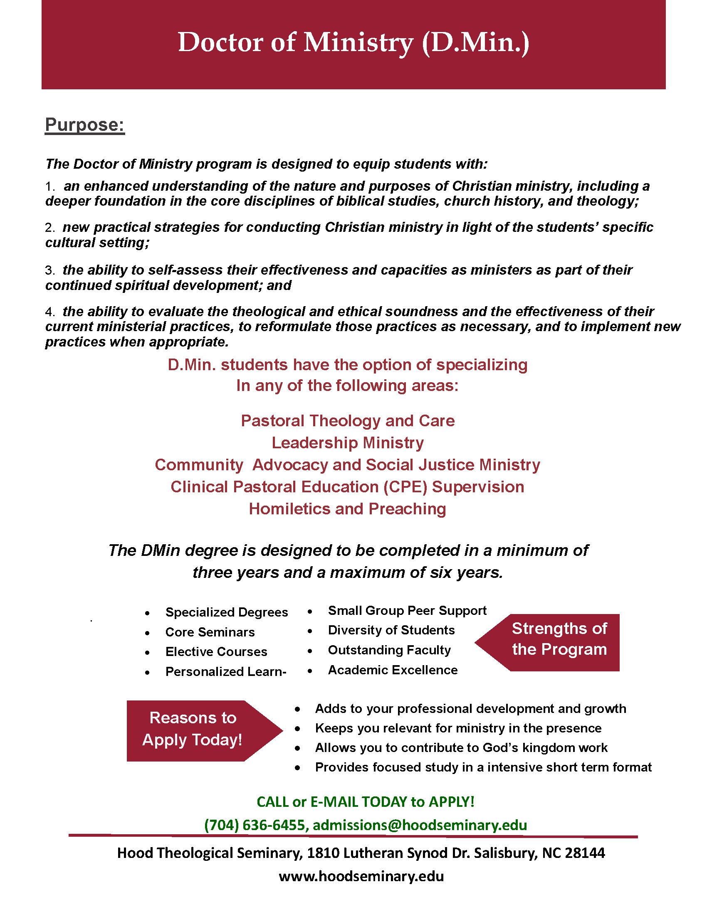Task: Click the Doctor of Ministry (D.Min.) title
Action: point(353,43)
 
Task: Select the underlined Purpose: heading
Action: point(84,125)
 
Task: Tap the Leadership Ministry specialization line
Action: point(347,443)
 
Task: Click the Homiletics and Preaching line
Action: point(347,509)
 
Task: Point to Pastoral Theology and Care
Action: point(347,420)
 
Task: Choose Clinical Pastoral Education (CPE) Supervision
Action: point(347,487)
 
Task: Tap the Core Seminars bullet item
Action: point(210,632)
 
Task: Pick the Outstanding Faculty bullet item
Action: point(389,650)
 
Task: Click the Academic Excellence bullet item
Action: point(393,670)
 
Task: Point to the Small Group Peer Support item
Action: point(407,611)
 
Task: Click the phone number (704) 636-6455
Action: point(255,825)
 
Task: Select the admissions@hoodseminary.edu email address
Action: point(420,825)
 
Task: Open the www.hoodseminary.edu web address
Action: point(361,876)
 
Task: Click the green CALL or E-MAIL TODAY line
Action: point(365,802)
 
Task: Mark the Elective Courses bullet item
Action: point(216,651)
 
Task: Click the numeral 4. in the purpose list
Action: point(50,312)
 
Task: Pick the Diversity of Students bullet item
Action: point(391,630)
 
